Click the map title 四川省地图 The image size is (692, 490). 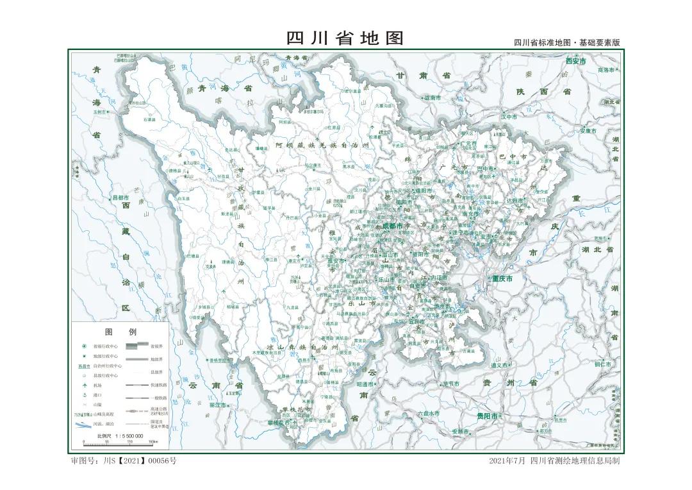[x=345, y=38]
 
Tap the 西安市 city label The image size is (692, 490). [x=576, y=62]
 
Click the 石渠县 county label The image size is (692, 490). [x=149, y=119]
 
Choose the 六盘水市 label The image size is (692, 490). [x=428, y=414]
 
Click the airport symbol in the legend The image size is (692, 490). [x=83, y=384]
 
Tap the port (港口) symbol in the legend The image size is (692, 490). [x=83, y=395]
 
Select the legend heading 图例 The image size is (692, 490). [x=120, y=332]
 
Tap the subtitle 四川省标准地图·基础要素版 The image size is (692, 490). [x=566, y=42]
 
